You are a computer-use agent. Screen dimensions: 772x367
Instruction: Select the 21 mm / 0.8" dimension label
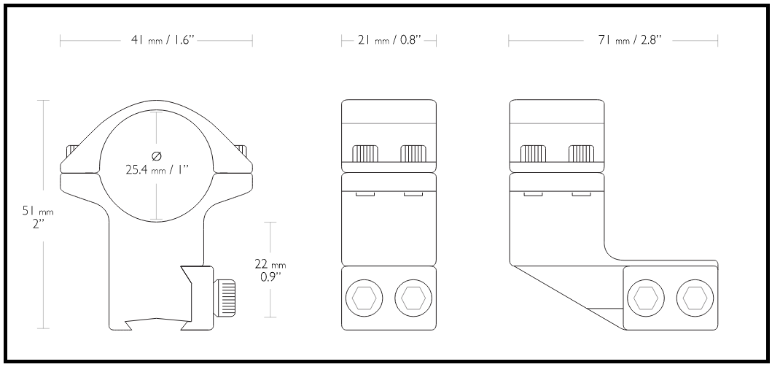point(389,40)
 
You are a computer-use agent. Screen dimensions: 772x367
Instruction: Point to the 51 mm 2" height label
point(37,216)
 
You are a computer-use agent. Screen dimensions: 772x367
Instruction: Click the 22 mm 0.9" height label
point(270,270)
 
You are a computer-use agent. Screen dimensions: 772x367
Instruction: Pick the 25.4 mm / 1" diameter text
point(157,170)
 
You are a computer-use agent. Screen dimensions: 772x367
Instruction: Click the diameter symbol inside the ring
point(157,157)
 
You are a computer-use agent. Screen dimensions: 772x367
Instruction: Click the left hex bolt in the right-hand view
point(645,298)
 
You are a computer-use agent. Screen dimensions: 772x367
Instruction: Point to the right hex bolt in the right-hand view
point(695,298)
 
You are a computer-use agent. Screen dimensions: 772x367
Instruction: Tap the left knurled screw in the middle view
point(365,154)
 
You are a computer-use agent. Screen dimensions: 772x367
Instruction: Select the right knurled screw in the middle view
point(413,154)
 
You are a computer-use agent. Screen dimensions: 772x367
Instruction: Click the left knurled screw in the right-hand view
point(533,154)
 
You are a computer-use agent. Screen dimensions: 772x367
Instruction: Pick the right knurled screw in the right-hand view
point(582,154)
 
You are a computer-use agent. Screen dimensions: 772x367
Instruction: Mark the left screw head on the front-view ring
point(73,150)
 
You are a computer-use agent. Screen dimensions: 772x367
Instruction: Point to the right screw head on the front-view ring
point(241,150)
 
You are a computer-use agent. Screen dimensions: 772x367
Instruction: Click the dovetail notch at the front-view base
point(157,324)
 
